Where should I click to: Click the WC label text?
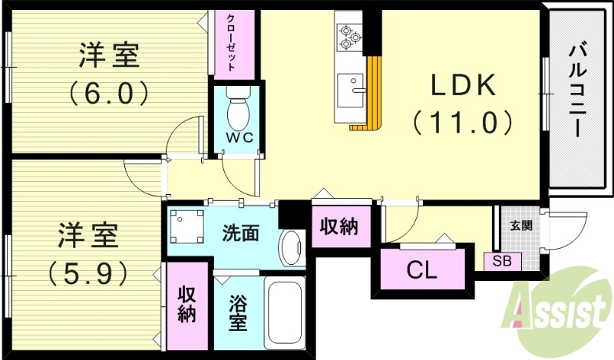click(x=238, y=138)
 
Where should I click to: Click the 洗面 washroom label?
click(x=240, y=231)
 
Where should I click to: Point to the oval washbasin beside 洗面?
click(x=291, y=247)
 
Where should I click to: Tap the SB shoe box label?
click(x=501, y=261)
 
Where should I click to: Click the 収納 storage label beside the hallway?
click(x=338, y=227)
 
